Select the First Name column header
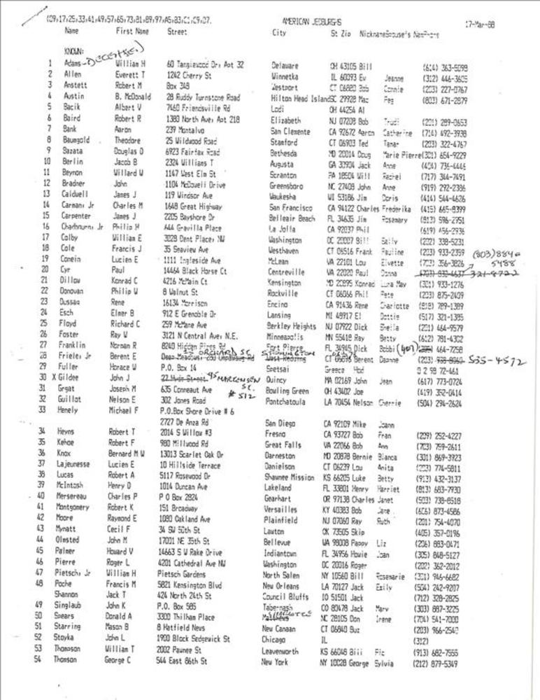point(132,31)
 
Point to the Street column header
point(177,31)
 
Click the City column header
point(278,33)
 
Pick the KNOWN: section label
point(73,51)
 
